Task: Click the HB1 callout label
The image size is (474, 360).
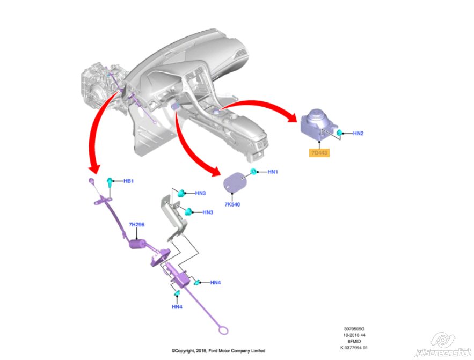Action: pyautogui.click(x=128, y=181)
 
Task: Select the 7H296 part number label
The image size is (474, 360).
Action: pyautogui.click(x=137, y=224)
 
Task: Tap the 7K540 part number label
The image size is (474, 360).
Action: pyautogui.click(x=233, y=205)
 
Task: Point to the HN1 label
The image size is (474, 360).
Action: pyautogui.click(x=273, y=172)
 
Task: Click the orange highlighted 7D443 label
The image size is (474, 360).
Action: pyautogui.click(x=319, y=153)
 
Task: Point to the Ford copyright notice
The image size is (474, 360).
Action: pyautogui.click(x=218, y=351)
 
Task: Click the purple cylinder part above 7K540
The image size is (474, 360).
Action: pyautogui.click(x=234, y=183)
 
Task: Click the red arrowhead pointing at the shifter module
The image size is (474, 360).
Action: pyautogui.click(x=290, y=116)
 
